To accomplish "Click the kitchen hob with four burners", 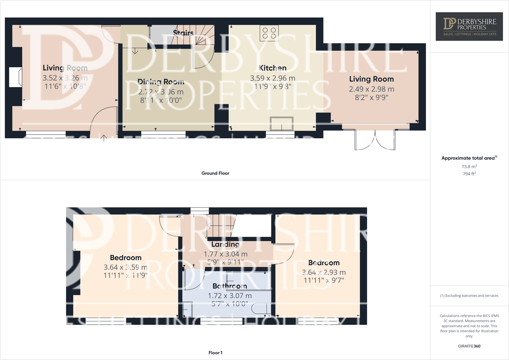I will tap(269, 33).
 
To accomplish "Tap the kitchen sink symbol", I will tap(281, 124).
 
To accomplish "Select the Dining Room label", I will tap(161, 82).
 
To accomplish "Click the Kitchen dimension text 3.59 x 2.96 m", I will tap(272, 78).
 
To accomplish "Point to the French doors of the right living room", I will tap(375, 140).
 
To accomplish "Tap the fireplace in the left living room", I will tap(16, 77).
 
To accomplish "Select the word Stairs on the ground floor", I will tap(183, 33).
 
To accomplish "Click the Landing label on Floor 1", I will tap(225, 244).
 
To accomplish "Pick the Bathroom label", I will tap(229, 286).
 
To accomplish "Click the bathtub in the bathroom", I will tap(248, 281).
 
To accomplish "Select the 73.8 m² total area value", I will tap(469, 167).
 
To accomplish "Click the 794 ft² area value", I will tap(469, 174).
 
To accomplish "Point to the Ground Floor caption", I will tap(215, 173).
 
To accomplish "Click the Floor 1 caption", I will tap(215, 353).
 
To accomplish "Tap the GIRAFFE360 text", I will tap(469, 346).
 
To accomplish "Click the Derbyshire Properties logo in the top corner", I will tap(469, 27).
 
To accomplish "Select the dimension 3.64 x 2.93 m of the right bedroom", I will tap(324, 272).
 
